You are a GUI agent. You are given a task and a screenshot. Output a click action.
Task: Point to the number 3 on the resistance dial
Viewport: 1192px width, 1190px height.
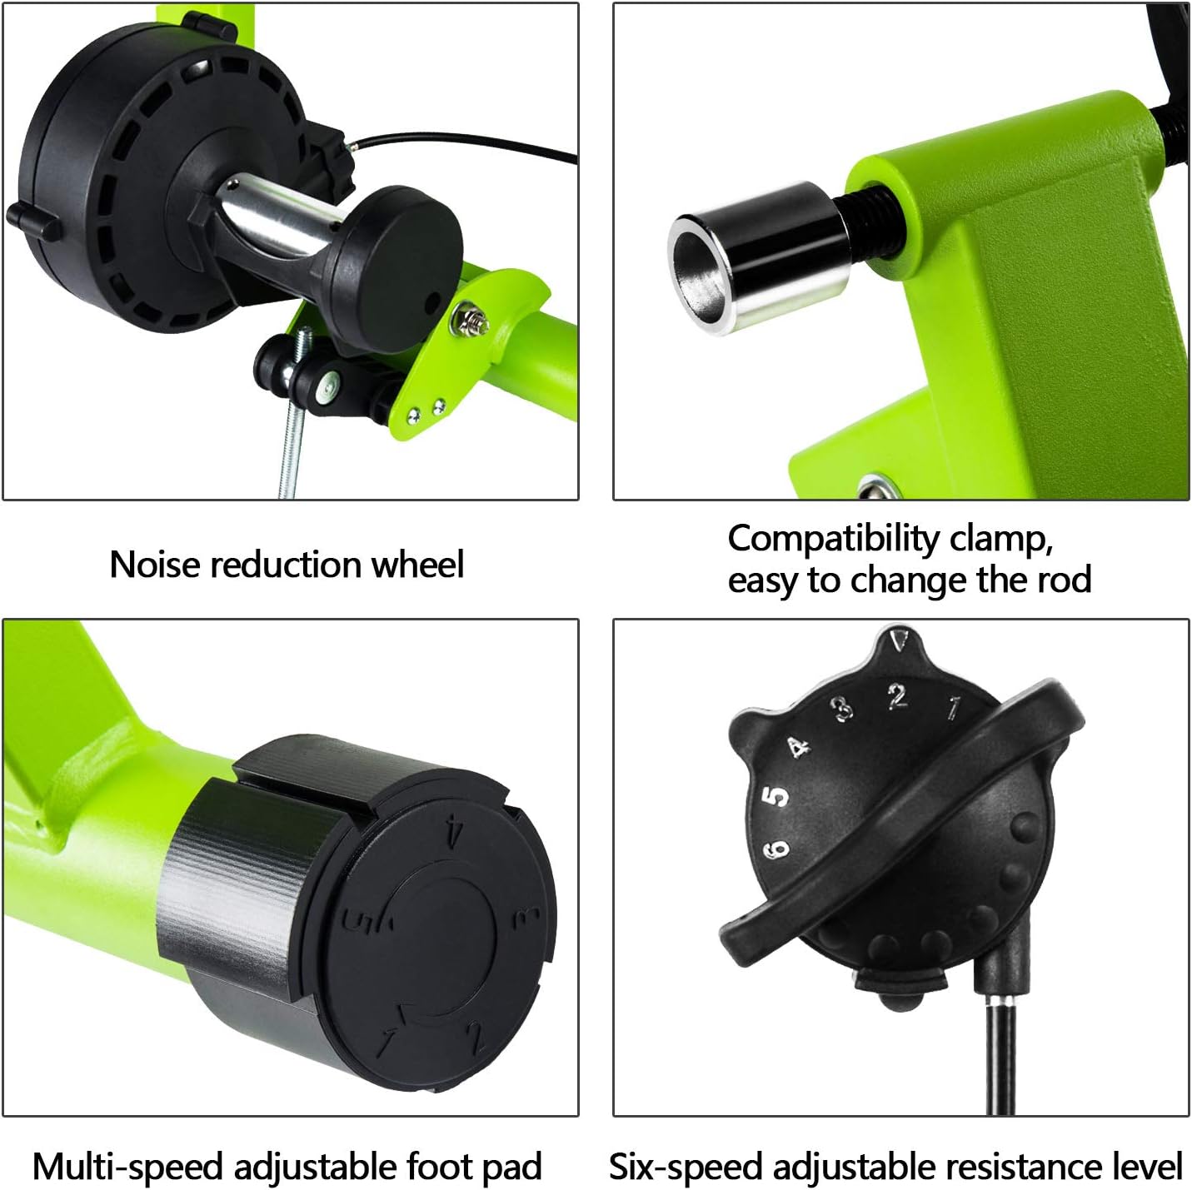(x=843, y=708)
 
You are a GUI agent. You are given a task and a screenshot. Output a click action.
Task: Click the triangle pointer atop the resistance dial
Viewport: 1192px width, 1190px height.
(x=899, y=638)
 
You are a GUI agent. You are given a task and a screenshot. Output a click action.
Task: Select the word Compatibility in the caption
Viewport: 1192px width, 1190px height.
(x=833, y=540)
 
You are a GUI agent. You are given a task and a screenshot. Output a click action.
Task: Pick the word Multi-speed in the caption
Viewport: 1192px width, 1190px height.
(x=128, y=1167)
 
